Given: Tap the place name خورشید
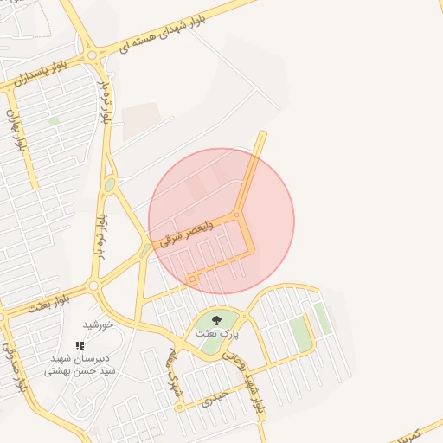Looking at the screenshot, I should click(x=99, y=324).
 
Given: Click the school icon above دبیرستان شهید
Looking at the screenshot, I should click(x=80, y=345).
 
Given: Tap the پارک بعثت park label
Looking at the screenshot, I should click(x=216, y=333).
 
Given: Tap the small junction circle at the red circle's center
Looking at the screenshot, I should click(x=237, y=215).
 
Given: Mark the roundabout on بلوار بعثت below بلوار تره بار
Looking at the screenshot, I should click(x=93, y=286).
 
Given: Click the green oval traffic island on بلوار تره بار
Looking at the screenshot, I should click(x=110, y=184).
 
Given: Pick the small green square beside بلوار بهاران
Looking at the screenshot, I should click(x=54, y=121).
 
